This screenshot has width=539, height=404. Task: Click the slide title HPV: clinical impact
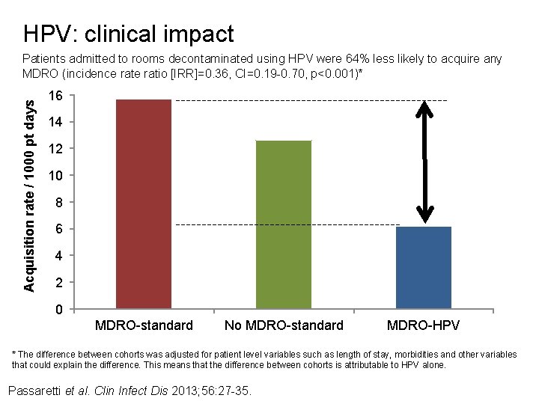pos(128,34)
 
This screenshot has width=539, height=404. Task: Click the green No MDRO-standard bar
pos(283,224)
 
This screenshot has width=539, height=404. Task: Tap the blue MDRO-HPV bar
pos(423,267)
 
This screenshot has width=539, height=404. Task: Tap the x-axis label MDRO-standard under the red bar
pos(144,325)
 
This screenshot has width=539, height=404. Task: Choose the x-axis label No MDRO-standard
pos(284,325)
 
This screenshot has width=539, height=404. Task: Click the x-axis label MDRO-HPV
pos(423,325)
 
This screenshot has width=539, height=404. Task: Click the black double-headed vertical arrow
pos(424,162)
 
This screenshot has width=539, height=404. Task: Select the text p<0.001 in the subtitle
pos(335,73)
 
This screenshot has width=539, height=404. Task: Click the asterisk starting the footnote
pos(14,355)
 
